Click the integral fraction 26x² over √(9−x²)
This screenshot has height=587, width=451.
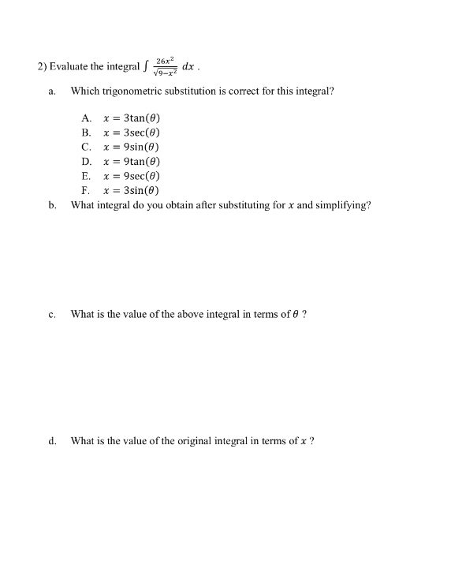pyautogui.click(x=165, y=65)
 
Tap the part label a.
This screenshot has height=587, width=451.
pyautogui.click(x=51, y=92)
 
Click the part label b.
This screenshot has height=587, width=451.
pyautogui.click(x=51, y=206)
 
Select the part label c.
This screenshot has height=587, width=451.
pyautogui.click(x=51, y=315)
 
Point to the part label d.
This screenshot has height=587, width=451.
pyautogui.click(x=51, y=442)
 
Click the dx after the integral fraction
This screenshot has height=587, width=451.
pyautogui.click(x=188, y=65)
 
